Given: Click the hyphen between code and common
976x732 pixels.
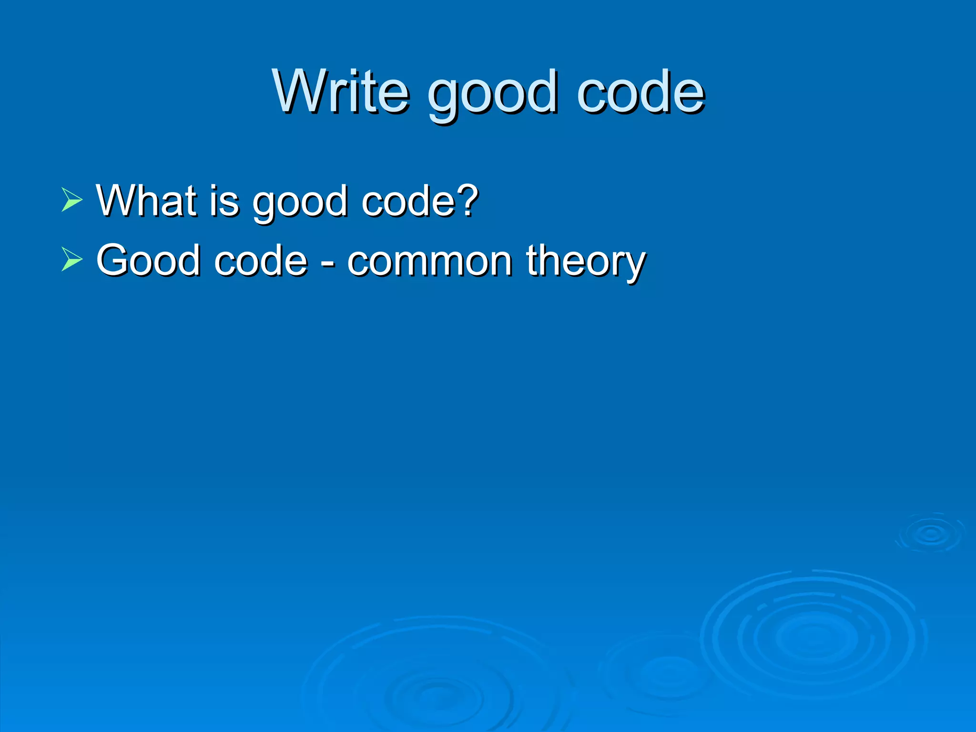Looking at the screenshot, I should [327, 263].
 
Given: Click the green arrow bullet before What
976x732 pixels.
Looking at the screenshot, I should [72, 200].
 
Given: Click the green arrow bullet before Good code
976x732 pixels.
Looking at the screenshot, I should [72, 260].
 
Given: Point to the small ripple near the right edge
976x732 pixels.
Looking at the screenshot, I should [931, 534].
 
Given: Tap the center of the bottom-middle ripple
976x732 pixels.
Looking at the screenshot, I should [436, 696].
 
